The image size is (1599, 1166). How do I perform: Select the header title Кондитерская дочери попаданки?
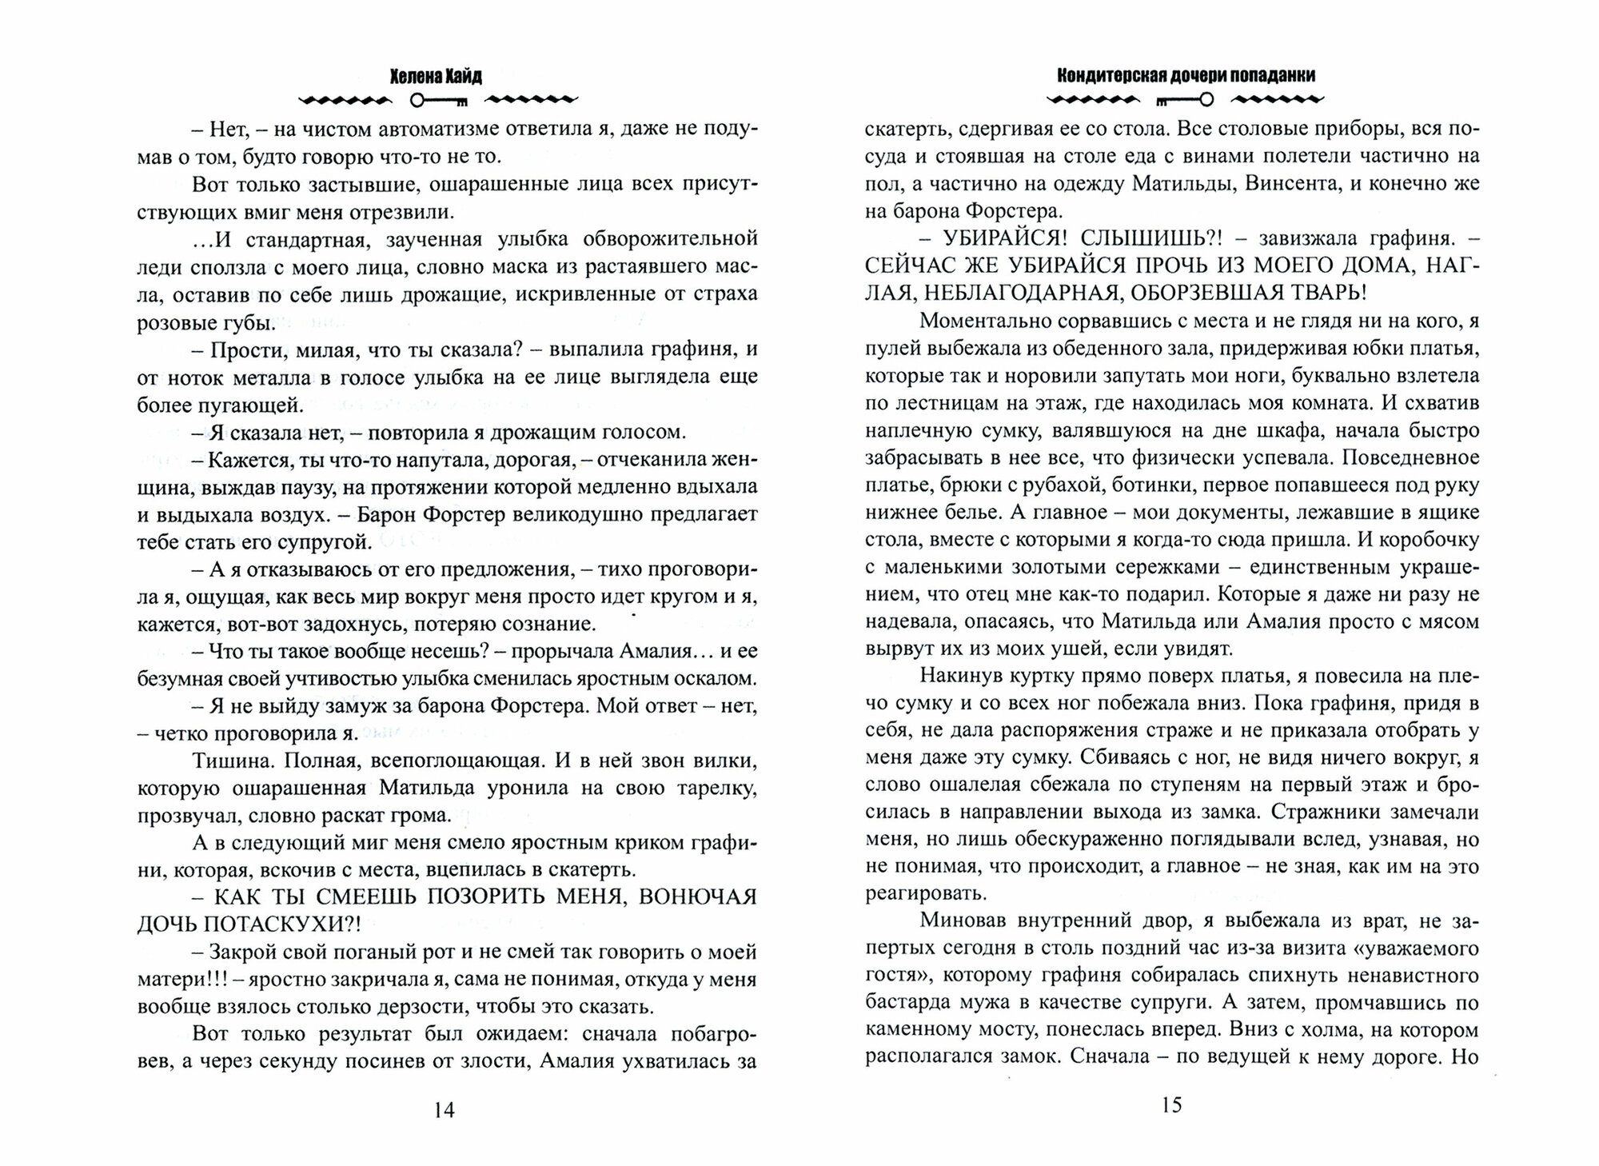1186,74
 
